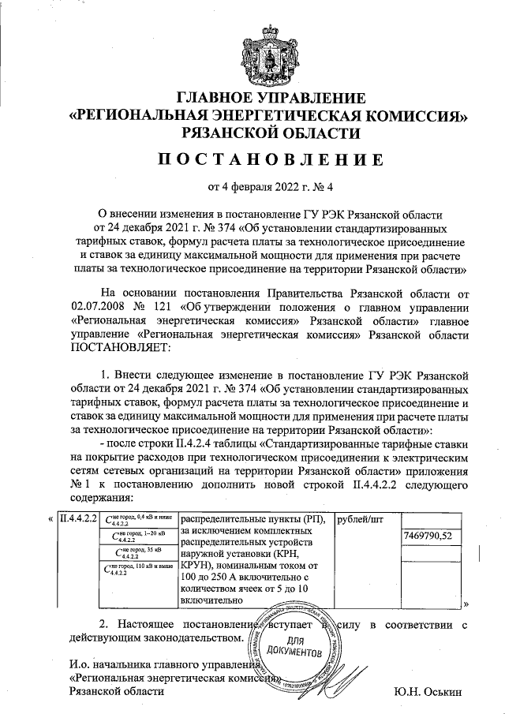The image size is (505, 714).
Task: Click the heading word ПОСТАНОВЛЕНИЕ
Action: click(271, 160)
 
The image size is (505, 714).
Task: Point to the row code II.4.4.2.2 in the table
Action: click(73, 519)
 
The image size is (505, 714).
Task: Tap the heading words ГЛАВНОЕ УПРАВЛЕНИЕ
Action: click(271, 99)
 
